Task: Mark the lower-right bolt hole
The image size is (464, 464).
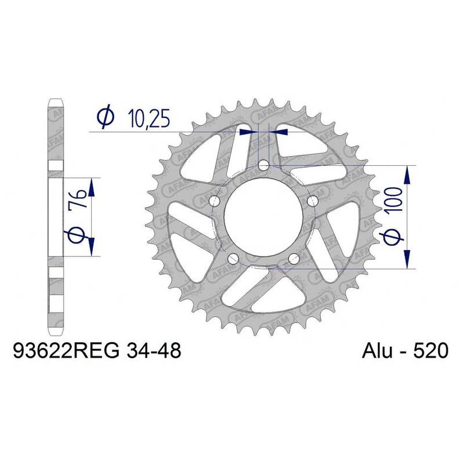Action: [295, 258]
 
